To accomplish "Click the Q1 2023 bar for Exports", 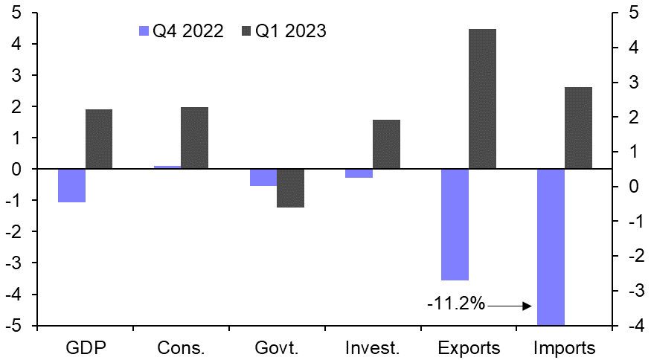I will [482, 99].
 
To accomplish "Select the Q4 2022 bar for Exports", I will [455, 225].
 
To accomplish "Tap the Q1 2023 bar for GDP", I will [99, 139].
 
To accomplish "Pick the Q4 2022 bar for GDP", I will [71, 185].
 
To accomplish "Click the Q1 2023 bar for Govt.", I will [290, 188].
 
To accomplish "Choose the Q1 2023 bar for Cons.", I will [194, 138].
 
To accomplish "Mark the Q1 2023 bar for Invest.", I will [386, 144].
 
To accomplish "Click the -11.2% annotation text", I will [456, 303].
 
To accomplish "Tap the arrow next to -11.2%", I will [510, 305].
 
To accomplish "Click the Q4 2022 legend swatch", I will [144, 30].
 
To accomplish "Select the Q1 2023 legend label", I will [291, 30].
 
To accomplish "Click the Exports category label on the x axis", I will [469, 347].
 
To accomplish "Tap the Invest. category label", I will [373, 347].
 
